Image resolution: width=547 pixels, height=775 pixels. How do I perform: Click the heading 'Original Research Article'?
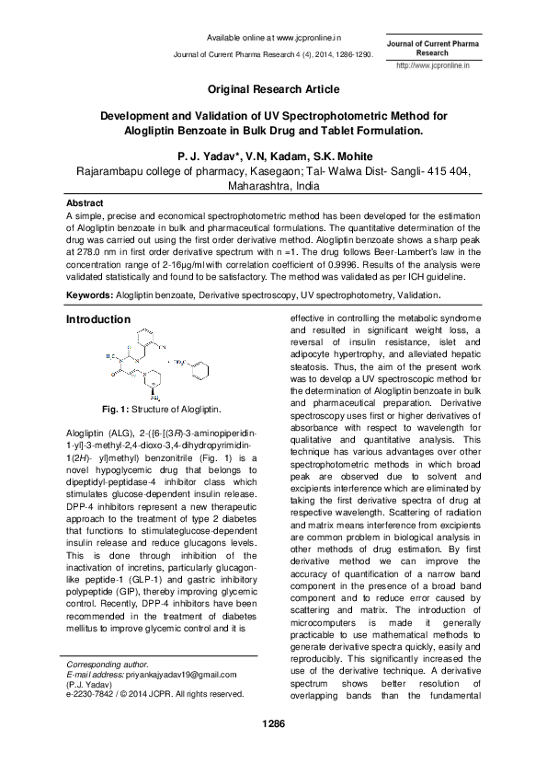pos(273,89)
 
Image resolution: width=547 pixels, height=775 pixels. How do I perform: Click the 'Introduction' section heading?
pos(98,319)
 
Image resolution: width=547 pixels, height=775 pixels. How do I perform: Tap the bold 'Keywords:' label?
pos(90,295)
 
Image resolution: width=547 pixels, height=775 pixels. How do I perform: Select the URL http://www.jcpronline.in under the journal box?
pos(432,66)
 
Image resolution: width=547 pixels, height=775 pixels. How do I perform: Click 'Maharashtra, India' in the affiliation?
pos(273,184)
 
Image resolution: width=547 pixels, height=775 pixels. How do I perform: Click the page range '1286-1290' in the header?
pos(350,55)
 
